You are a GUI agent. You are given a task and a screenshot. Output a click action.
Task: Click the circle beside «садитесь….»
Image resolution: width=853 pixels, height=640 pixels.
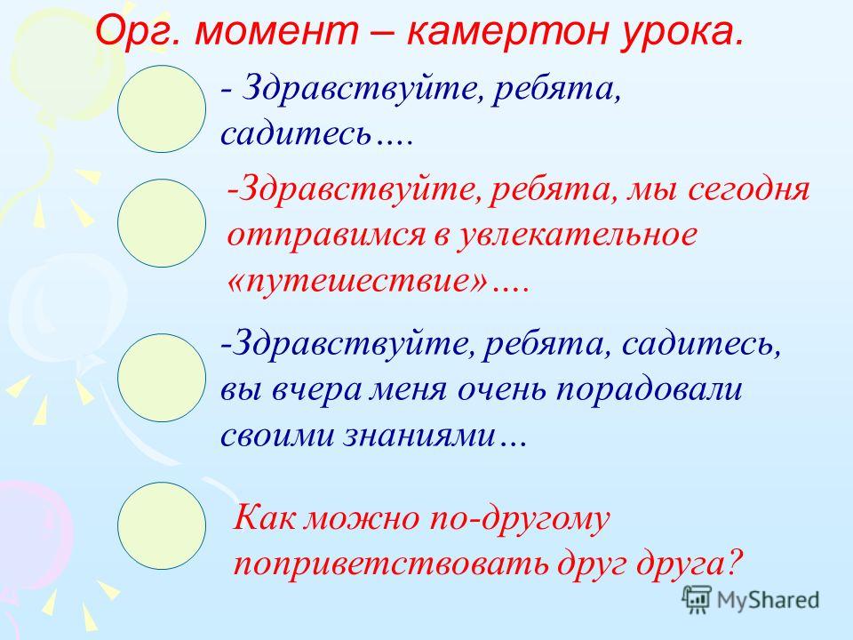[x=162, y=108]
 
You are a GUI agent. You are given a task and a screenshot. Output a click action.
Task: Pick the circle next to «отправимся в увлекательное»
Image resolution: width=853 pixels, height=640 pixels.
[x=162, y=222]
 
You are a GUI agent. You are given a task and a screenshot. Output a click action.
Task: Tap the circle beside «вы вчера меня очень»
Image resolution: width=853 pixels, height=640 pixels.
[x=162, y=378]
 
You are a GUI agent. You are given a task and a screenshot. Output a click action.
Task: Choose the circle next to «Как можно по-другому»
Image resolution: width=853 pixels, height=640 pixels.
[x=162, y=525]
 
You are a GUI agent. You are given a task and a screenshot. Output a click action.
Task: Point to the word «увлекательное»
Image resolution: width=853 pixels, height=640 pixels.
[x=577, y=235]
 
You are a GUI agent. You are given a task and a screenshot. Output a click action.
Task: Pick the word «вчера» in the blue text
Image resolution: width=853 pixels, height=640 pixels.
[x=316, y=392]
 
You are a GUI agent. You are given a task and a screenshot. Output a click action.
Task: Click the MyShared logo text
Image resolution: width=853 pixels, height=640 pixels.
[x=768, y=600]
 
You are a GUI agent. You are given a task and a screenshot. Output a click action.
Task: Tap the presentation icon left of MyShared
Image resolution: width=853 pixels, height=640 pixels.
[x=697, y=599]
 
